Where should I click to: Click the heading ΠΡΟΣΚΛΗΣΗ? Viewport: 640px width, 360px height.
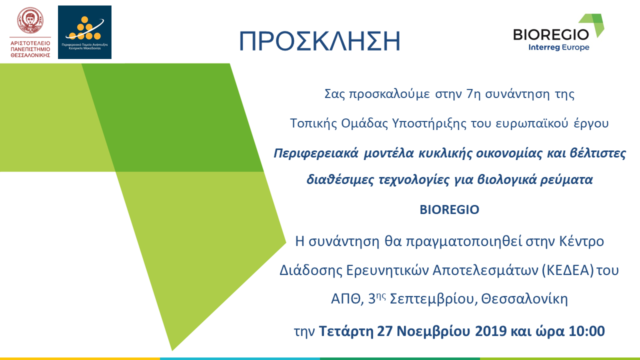click(x=319, y=41)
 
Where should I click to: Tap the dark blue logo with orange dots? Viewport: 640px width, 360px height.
click(x=84, y=32)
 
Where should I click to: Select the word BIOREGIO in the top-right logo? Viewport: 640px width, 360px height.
click(x=551, y=34)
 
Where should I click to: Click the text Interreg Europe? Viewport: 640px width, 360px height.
click(x=558, y=47)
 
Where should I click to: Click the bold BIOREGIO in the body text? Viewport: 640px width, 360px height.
click(x=449, y=210)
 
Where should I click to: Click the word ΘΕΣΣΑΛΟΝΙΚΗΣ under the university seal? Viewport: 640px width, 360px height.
click(x=30, y=56)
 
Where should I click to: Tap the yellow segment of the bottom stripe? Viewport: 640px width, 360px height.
click(x=80, y=358)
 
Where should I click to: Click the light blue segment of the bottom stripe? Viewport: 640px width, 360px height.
click(x=240, y=358)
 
